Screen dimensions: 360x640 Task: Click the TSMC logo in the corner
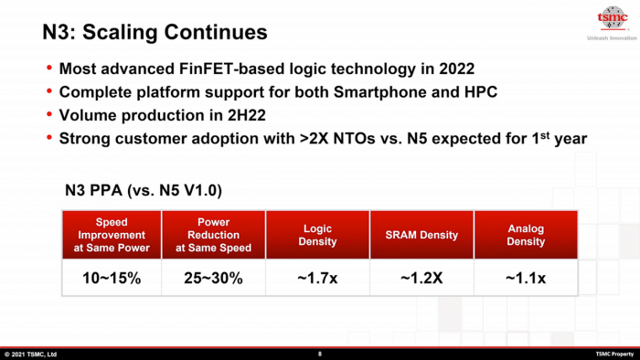coord(611,19)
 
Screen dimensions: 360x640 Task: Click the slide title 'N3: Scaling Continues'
coord(155,33)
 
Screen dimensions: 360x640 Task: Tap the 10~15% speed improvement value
coord(111,278)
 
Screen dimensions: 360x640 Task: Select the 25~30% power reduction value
coord(213,278)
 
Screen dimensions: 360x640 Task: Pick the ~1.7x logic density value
coord(317,278)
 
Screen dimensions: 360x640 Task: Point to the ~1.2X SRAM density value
coord(421,278)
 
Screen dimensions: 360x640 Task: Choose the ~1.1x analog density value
coord(525,278)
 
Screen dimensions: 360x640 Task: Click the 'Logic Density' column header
coord(317,235)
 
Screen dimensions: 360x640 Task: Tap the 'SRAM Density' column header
coord(421,235)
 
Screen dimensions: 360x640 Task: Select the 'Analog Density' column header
coord(525,235)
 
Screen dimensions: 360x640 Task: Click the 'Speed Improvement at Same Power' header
coord(111,235)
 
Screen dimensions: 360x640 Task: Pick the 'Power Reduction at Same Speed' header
coord(213,235)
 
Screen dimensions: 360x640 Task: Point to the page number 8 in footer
coord(319,354)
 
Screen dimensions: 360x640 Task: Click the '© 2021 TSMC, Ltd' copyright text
coord(30,354)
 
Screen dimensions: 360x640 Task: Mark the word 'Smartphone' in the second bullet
coord(380,93)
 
